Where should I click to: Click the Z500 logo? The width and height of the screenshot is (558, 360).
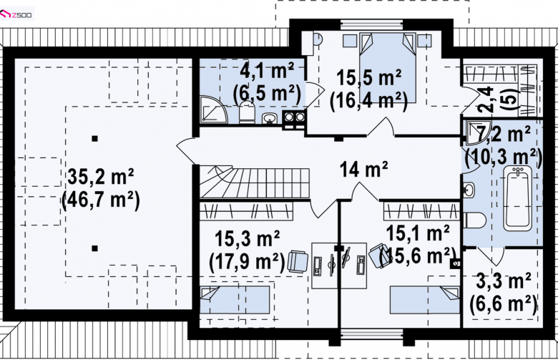(16, 14)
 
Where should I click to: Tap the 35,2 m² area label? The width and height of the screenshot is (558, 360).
(101, 177)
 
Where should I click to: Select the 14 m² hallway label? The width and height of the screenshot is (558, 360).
(363, 169)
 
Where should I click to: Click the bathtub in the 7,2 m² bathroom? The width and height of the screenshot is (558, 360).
(518, 198)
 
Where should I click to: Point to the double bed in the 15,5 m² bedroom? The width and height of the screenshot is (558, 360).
(388, 67)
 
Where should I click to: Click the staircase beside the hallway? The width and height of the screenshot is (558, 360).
(254, 182)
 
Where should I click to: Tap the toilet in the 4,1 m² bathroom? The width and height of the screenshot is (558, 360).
(247, 112)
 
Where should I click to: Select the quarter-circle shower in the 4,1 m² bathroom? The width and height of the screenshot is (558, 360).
(212, 110)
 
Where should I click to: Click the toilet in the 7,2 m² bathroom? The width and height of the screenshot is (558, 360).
(474, 220)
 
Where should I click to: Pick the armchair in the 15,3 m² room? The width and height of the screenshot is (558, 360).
(298, 262)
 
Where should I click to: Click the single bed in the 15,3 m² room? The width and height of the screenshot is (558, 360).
(235, 300)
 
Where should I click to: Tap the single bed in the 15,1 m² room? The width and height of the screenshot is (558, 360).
(425, 300)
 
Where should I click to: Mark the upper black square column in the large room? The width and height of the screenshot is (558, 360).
(94, 139)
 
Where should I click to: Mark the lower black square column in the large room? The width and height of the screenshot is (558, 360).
(94, 248)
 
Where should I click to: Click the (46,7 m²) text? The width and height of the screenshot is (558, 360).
(101, 200)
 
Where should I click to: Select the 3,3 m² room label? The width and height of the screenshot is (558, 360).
(504, 281)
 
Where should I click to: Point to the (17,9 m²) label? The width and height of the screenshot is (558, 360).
(248, 262)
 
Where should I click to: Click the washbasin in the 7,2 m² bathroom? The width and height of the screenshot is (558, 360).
(469, 189)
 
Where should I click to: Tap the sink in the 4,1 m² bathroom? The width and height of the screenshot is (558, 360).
(270, 118)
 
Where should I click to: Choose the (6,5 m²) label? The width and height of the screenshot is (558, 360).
(267, 94)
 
